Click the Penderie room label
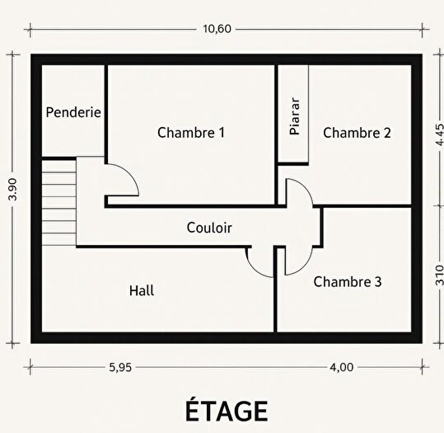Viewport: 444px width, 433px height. (73, 111)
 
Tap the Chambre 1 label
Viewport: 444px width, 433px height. (191, 132)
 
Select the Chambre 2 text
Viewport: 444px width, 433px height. (357, 132)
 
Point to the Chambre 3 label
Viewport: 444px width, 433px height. (347, 281)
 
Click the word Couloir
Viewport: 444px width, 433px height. (209, 228)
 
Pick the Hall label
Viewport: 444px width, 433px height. (141, 290)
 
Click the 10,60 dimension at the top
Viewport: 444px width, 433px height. (217, 28)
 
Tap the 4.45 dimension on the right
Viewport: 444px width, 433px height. (437, 134)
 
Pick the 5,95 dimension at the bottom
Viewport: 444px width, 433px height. (119, 368)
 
